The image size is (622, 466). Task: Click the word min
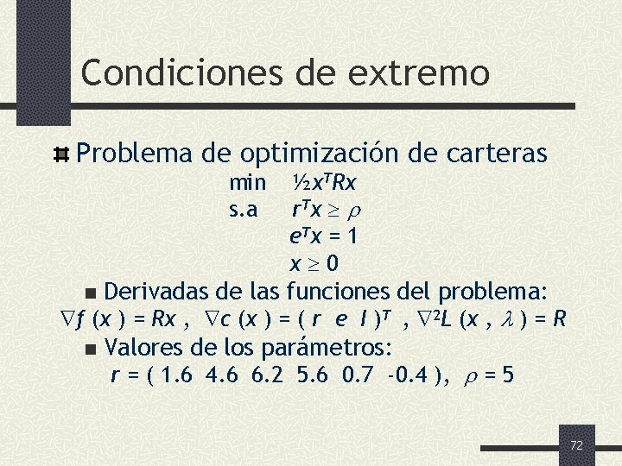247,183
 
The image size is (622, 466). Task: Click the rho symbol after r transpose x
355,210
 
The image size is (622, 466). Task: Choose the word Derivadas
159,289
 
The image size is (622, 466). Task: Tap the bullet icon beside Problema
61,155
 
